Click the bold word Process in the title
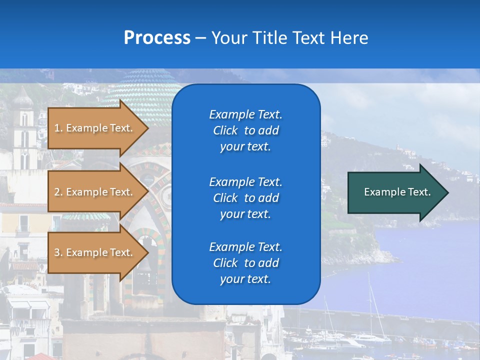[157, 37]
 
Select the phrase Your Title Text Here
[289, 37]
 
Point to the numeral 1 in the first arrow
[57, 128]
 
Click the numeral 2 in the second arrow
[57, 192]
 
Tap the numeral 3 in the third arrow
[57, 252]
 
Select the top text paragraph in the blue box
[245, 130]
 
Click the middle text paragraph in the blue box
[245, 197]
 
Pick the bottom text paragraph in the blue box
[245, 262]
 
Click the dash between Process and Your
[200, 37]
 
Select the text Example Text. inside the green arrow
[397, 192]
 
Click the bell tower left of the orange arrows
[23, 130]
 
